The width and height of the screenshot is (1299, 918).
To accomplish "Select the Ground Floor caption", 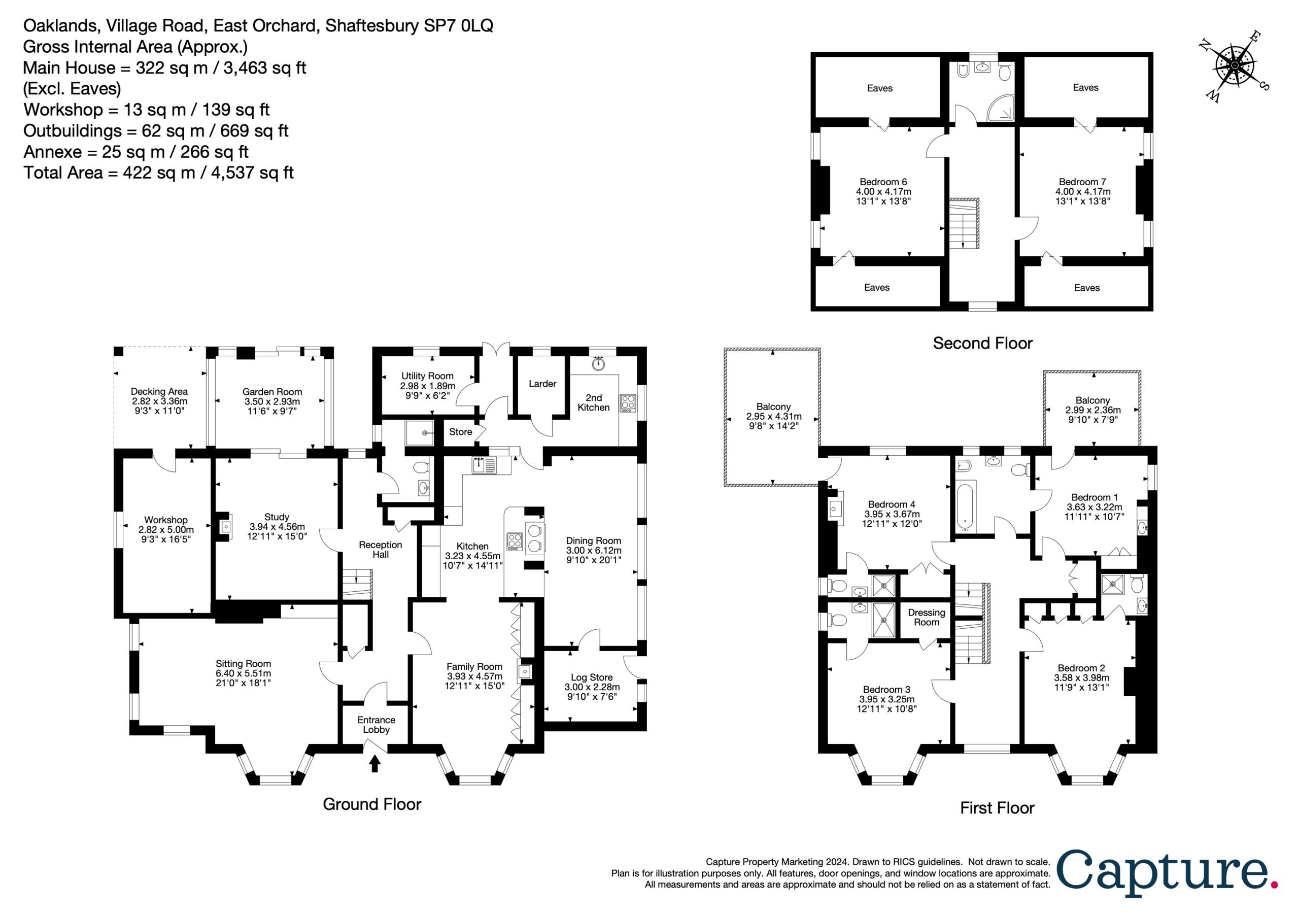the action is click(372, 804).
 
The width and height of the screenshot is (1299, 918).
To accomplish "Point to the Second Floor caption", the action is click(983, 343).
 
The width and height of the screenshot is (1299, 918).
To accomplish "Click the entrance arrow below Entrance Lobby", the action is click(374, 765).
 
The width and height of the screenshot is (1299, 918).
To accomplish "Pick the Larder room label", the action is click(542, 384).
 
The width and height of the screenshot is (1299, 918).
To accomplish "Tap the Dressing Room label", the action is click(927, 618).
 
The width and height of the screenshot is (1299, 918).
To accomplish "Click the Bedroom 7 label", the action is click(1082, 182).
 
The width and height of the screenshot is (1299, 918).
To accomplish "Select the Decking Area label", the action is click(159, 391).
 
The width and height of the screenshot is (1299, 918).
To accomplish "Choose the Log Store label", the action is click(592, 677).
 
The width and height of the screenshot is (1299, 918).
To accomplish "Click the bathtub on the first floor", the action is click(966, 507).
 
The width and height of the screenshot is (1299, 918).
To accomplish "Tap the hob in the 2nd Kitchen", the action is click(628, 402).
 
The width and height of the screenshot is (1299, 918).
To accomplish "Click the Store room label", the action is click(461, 432).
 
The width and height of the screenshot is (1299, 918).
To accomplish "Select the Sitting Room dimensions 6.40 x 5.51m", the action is click(243, 673).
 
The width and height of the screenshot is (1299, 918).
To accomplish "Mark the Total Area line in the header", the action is click(158, 173).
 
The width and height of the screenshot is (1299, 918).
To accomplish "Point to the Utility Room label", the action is click(427, 376).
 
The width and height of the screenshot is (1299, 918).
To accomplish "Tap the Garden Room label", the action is click(272, 392).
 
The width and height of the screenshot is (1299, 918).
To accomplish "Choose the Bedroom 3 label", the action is click(886, 689).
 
